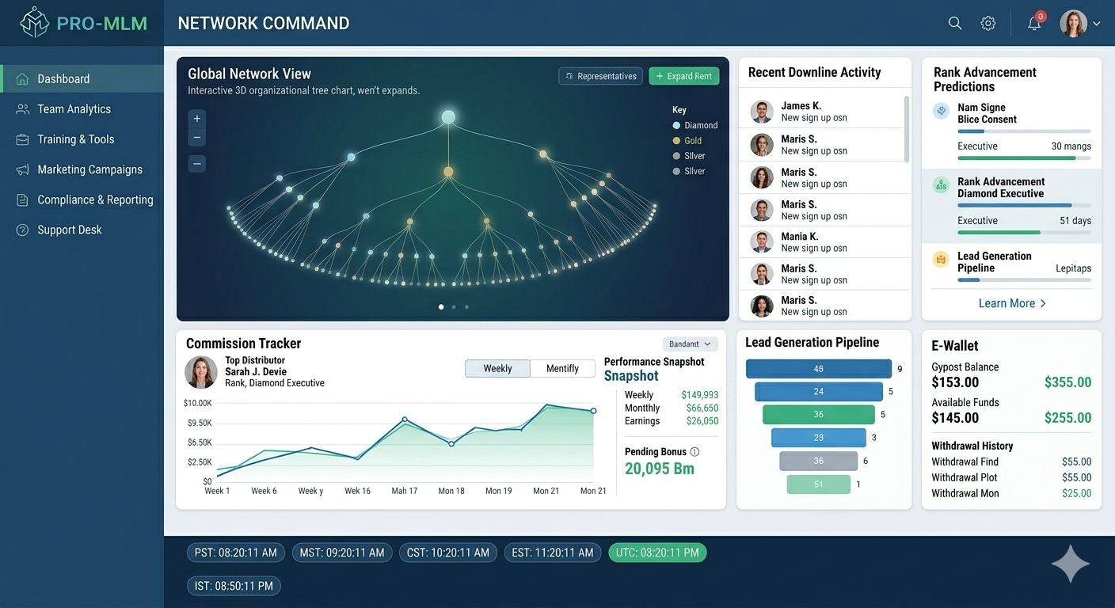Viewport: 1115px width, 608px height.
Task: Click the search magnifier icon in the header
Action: pyautogui.click(x=955, y=23)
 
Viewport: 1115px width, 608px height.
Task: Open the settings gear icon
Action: pyautogui.click(x=988, y=23)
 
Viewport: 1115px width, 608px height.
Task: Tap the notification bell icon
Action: pyautogui.click(x=1035, y=23)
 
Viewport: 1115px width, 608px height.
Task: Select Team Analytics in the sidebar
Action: pyautogui.click(x=74, y=109)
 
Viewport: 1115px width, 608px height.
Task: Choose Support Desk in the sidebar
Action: pyautogui.click(x=69, y=230)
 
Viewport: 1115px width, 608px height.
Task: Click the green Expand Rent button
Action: pyautogui.click(x=684, y=76)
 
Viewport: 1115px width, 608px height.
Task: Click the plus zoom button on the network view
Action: pyautogui.click(x=197, y=119)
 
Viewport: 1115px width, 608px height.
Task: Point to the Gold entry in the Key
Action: pyautogui.click(x=687, y=141)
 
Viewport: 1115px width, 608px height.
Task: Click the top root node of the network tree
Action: pyautogui.click(x=448, y=117)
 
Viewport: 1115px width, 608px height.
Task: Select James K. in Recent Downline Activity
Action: pyautogui.click(x=801, y=106)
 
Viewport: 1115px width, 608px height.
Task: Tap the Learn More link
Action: pyautogui.click(x=1012, y=303)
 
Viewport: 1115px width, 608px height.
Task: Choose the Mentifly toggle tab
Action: pyautogui.click(x=562, y=369)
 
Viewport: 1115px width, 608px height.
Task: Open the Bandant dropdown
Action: pyautogui.click(x=690, y=344)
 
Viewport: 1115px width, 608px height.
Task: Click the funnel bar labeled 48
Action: pyautogui.click(x=818, y=369)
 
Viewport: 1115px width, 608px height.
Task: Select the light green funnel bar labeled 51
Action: pyautogui.click(x=818, y=484)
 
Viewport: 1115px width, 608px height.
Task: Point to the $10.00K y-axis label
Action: pyautogui.click(x=198, y=403)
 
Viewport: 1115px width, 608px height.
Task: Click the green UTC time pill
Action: pyautogui.click(x=657, y=553)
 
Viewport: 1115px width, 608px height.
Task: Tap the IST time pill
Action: pyautogui.click(x=234, y=586)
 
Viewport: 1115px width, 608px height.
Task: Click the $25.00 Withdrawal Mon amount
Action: pyautogui.click(x=1077, y=493)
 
